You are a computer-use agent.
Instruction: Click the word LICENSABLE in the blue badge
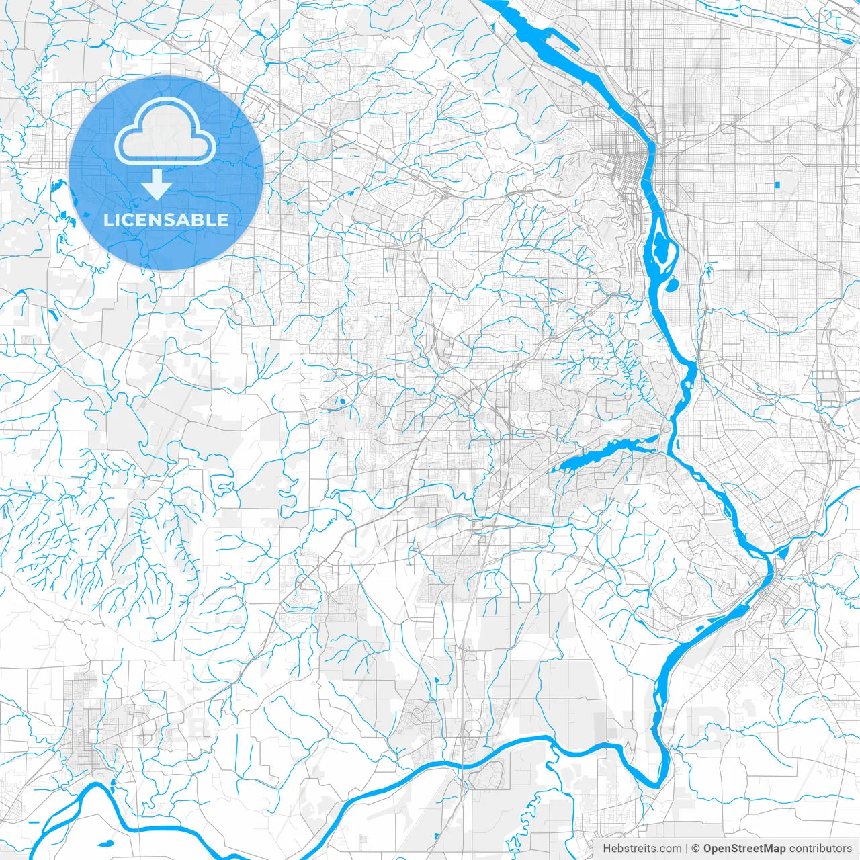[166, 220]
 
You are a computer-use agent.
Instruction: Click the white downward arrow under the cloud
[157, 184]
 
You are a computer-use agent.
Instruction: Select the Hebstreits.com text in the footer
[642, 849]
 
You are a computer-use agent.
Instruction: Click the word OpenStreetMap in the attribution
[744, 849]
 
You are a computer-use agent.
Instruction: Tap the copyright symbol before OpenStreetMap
[697, 849]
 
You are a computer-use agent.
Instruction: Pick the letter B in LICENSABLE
[198, 220]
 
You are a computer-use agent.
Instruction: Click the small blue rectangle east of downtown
[778, 184]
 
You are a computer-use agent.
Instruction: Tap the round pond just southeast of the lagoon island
[670, 285]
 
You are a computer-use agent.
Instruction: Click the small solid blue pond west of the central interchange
[341, 402]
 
